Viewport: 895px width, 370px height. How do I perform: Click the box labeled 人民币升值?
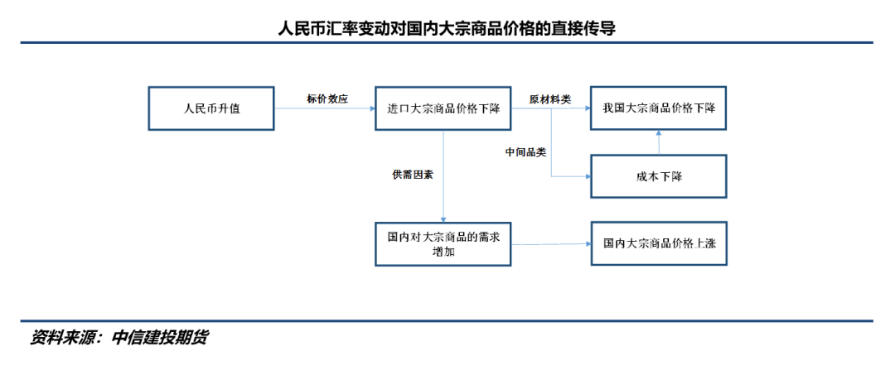pos(211,108)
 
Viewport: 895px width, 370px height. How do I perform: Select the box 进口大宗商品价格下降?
pos(443,108)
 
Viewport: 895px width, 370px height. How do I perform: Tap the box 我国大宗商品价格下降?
pos(659,108)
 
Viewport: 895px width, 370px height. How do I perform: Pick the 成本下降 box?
pos(659,176)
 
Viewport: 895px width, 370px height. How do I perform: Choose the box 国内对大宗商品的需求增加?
pos(443,243)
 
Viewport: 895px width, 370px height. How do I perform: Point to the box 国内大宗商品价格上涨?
pos(659,243)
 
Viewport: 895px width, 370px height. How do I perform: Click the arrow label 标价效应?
pos(327,99)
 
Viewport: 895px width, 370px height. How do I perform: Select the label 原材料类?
pos(550,99)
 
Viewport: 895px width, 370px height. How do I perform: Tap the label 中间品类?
pos(526,152)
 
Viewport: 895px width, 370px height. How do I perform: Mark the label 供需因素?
pos(413,175)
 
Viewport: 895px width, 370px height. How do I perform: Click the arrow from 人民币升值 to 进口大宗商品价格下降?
pos(324,108)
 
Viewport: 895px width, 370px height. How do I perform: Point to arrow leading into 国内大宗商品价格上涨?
pos(550,243)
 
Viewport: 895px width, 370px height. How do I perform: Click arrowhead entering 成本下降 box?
pos(586,176)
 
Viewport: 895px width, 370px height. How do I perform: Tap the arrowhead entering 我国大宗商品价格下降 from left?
pos(586,108)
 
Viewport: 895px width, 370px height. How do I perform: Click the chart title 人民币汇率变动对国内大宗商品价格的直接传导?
pos(447,29)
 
